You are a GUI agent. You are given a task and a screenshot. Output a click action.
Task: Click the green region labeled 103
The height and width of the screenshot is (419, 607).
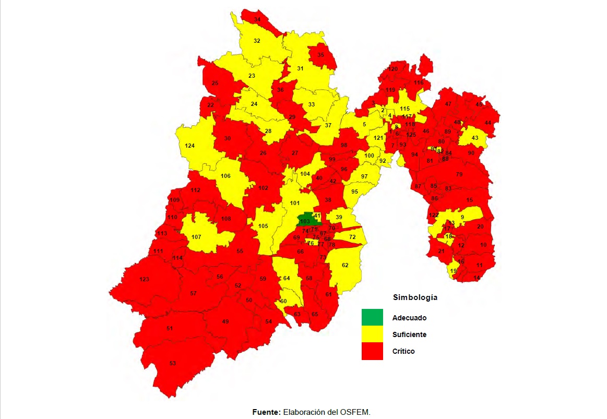click(305, 220)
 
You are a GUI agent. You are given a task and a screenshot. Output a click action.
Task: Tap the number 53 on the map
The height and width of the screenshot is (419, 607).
click(172, 363)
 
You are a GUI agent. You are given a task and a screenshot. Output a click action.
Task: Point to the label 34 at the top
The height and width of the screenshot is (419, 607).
click(257, 19)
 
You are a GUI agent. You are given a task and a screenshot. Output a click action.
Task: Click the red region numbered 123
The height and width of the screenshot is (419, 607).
click(144, 280)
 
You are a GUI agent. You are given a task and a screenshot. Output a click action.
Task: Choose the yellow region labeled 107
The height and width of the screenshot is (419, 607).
click(196, 237)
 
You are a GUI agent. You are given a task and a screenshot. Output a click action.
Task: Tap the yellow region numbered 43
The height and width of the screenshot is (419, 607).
click(474, 138)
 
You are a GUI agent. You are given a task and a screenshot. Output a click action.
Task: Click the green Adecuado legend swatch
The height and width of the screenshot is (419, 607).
click(372, 317)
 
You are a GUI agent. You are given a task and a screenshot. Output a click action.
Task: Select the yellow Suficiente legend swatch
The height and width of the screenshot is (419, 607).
click(372, 334)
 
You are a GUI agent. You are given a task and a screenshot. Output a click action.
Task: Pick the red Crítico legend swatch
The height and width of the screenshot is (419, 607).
click(372, 351)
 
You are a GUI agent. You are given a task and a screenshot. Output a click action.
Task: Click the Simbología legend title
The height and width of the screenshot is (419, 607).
click(415, 297)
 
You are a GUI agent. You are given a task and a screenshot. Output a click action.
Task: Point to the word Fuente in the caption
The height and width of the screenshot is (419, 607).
click(266, 412)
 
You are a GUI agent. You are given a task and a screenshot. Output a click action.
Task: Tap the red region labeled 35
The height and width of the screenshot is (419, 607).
click(320, 55)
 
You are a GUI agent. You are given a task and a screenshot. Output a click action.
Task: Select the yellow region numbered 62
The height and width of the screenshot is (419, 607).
click(345, 265)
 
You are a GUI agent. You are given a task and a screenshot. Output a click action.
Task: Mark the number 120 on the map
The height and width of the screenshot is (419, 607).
click(393, 69)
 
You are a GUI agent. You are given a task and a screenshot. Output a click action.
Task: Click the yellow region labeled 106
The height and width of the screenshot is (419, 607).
click(225, 176)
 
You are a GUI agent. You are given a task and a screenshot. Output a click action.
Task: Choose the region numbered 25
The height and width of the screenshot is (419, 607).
click(215, 83)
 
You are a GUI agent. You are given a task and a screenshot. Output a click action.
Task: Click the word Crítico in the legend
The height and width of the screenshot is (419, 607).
click(403, 351)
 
